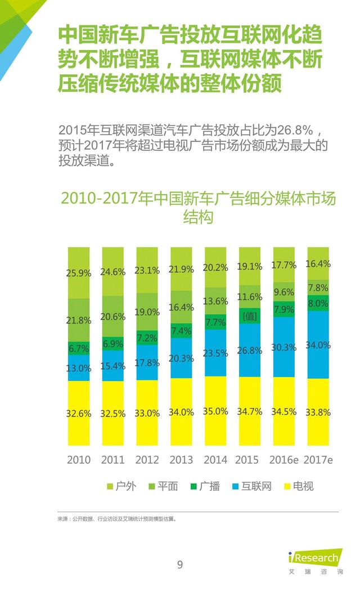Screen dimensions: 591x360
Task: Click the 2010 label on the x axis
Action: pyautogui.click(x=79, y=460)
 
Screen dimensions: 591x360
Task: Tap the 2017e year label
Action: pyautogui.click(x=318, y=460)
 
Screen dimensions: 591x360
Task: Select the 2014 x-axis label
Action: pyautogui.click(x=215, y=460)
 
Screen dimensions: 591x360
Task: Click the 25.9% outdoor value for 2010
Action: pyautogui.click(x=79, y=274)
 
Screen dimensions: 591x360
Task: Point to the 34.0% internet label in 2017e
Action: pyautogui.click(x=318, y=345)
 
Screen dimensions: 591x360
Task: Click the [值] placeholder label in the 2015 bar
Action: pyautogui.click(x=250, y=316)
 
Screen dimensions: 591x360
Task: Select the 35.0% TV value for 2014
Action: pyautogui.click(x=215, y=411)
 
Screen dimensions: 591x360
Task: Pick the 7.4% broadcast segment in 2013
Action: pyautogui.click(x=182, y=330)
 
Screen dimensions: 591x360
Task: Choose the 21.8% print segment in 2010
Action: pyautogui.click(x=79, y=320)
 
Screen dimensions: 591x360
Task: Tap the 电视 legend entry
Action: pyautogui.click(x=298, y=486)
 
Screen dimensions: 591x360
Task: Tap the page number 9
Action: pyautogui.click(x=180, y=565)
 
